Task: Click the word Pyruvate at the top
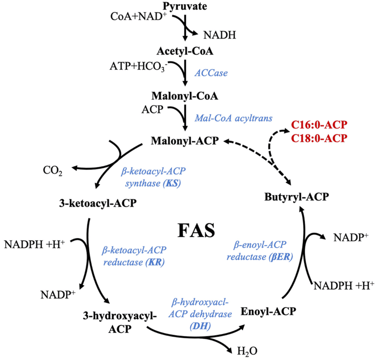(x=183, y=7)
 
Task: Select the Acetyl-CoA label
(x=183, y=51)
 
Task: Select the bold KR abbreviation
(x=155, y=262)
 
